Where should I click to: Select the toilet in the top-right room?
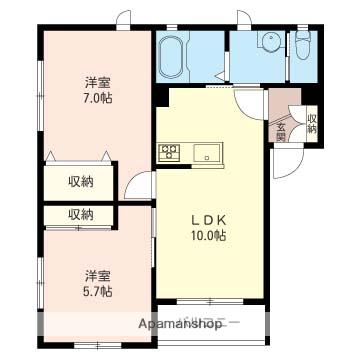(x=303, y=45)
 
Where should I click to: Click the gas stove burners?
(x=168, y=153)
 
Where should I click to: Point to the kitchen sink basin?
(x=208, y=153)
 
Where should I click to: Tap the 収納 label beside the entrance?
(x=311, y=123)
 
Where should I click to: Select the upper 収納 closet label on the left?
(x=80, y=181)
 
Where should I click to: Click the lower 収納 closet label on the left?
(x=80, y=214)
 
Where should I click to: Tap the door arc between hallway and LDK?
(x=143, y=186)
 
